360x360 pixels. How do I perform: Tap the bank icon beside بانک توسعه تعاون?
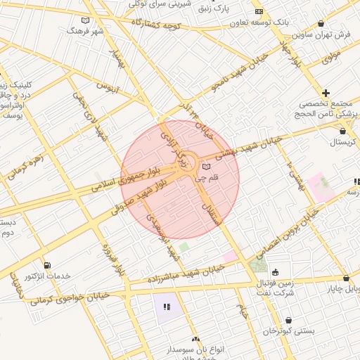(259, 12)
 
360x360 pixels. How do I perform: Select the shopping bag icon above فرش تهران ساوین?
(321, 23)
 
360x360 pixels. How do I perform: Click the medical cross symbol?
(326, 93)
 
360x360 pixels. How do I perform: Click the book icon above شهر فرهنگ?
(86, 20)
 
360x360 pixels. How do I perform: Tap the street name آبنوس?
(107, 88)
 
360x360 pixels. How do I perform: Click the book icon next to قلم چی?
(206, 167)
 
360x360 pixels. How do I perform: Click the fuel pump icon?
(47, 265)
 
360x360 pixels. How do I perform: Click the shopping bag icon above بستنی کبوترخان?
(288, 320)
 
